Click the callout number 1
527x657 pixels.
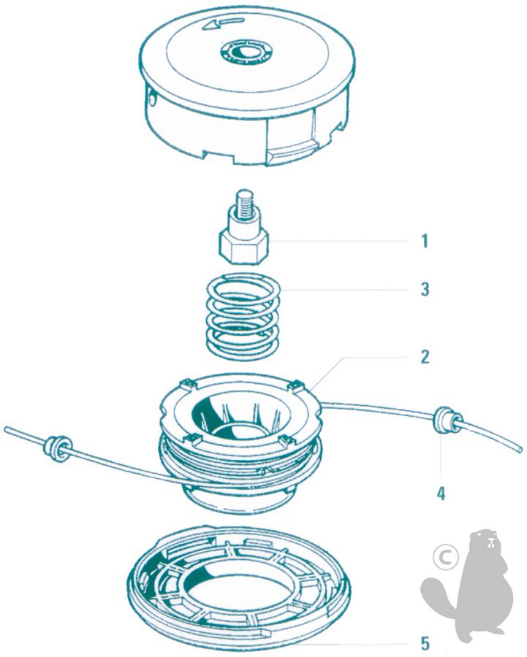[x=425, y=242]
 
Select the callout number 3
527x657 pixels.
[x=425, y=289]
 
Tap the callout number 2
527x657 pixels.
[x=425, y=357]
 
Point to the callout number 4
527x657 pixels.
[x=441, y=493]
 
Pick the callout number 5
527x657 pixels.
[x=425, y=643]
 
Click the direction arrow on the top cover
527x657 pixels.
[x=223, y=23]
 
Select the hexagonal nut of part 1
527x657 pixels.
[x=243, y=247]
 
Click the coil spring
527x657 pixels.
[x=243, y=316]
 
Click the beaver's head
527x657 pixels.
[x=487, y=540]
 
